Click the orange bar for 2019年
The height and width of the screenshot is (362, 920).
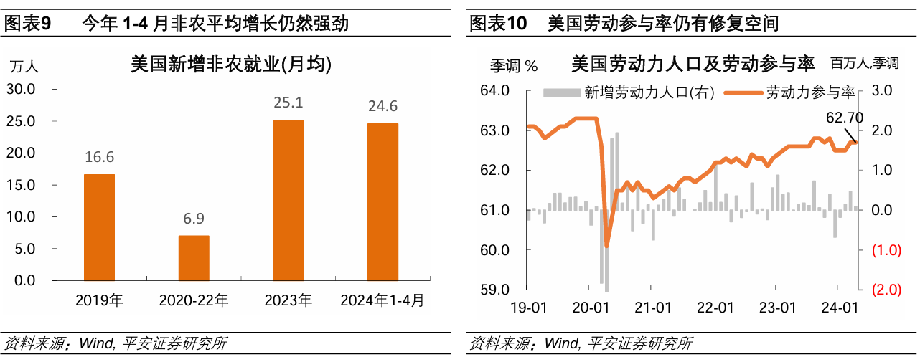point(99,227)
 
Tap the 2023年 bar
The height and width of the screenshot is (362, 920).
point(288,200)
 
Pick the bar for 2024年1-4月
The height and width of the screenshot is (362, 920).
point(382,201)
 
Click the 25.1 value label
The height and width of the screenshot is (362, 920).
point(288,103)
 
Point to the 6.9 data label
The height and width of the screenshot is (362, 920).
point(194,219)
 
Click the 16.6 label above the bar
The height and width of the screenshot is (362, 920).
point(99,158)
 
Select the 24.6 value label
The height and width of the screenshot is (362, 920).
point(382,107)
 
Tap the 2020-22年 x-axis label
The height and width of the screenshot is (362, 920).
point(194,300)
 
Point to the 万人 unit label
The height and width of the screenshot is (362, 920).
point(24,66)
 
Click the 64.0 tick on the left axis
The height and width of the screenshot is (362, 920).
point(494,90)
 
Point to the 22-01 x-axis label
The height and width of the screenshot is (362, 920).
point(715,308)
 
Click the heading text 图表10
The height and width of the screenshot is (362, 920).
point(497,24)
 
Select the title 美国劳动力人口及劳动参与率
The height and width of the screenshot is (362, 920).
point(693,65)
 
